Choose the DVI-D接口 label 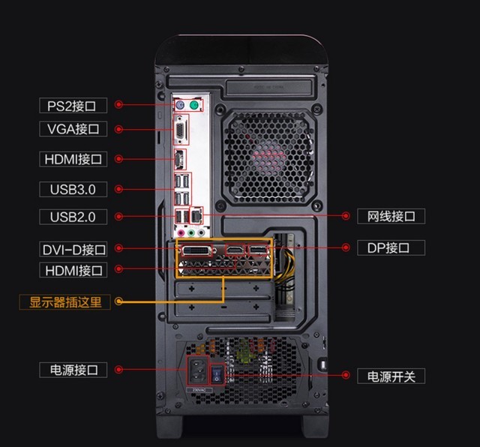click(x=73, y=249)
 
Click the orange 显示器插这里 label click(x=65, y=302)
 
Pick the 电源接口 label click(x=73, y=370)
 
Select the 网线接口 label click(x=391, y=216)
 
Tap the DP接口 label click(x=391, y=247)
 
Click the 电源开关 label click(x=391, y=376)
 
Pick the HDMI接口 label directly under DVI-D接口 click(x=73, y=269)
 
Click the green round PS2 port click(x=193, y=106)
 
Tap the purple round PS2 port click(x=180, y=106)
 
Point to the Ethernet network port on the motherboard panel click(x=196, y=215)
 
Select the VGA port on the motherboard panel click(x=180, y=132)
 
